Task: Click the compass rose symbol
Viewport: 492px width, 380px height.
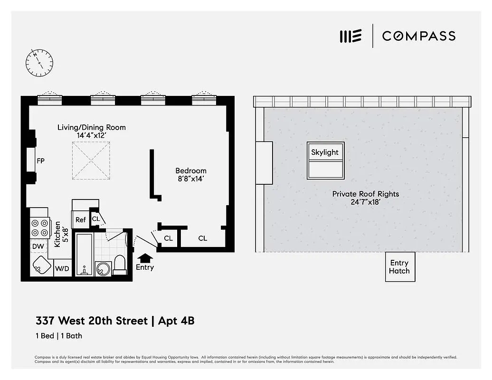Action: click(39, 62)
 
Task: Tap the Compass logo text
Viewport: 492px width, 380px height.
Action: click(418, 36)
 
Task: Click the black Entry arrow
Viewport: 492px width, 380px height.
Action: click(145, 257)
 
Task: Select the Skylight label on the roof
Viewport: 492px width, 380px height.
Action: click(325, 152)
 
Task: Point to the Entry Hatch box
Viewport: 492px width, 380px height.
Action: click(399, 266)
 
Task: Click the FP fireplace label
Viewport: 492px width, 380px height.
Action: click(41, 161)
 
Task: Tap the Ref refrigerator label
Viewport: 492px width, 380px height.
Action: click(81, 220)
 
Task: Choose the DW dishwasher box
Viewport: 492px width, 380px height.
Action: click(38, 246)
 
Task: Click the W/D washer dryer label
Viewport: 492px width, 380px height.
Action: click(62, 269)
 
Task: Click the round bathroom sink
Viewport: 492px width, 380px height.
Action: click(103, 269)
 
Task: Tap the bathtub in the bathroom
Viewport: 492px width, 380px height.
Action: click(85, 254)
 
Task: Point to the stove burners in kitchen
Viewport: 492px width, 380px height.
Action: click(40, 227)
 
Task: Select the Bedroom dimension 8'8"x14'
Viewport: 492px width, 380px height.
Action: click(191, 179)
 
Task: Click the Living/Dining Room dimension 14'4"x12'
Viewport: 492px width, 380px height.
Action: click(92, 135)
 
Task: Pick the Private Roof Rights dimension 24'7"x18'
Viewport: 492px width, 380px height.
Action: click(365, 202)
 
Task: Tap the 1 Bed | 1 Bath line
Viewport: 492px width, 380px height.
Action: click(59, 336)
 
